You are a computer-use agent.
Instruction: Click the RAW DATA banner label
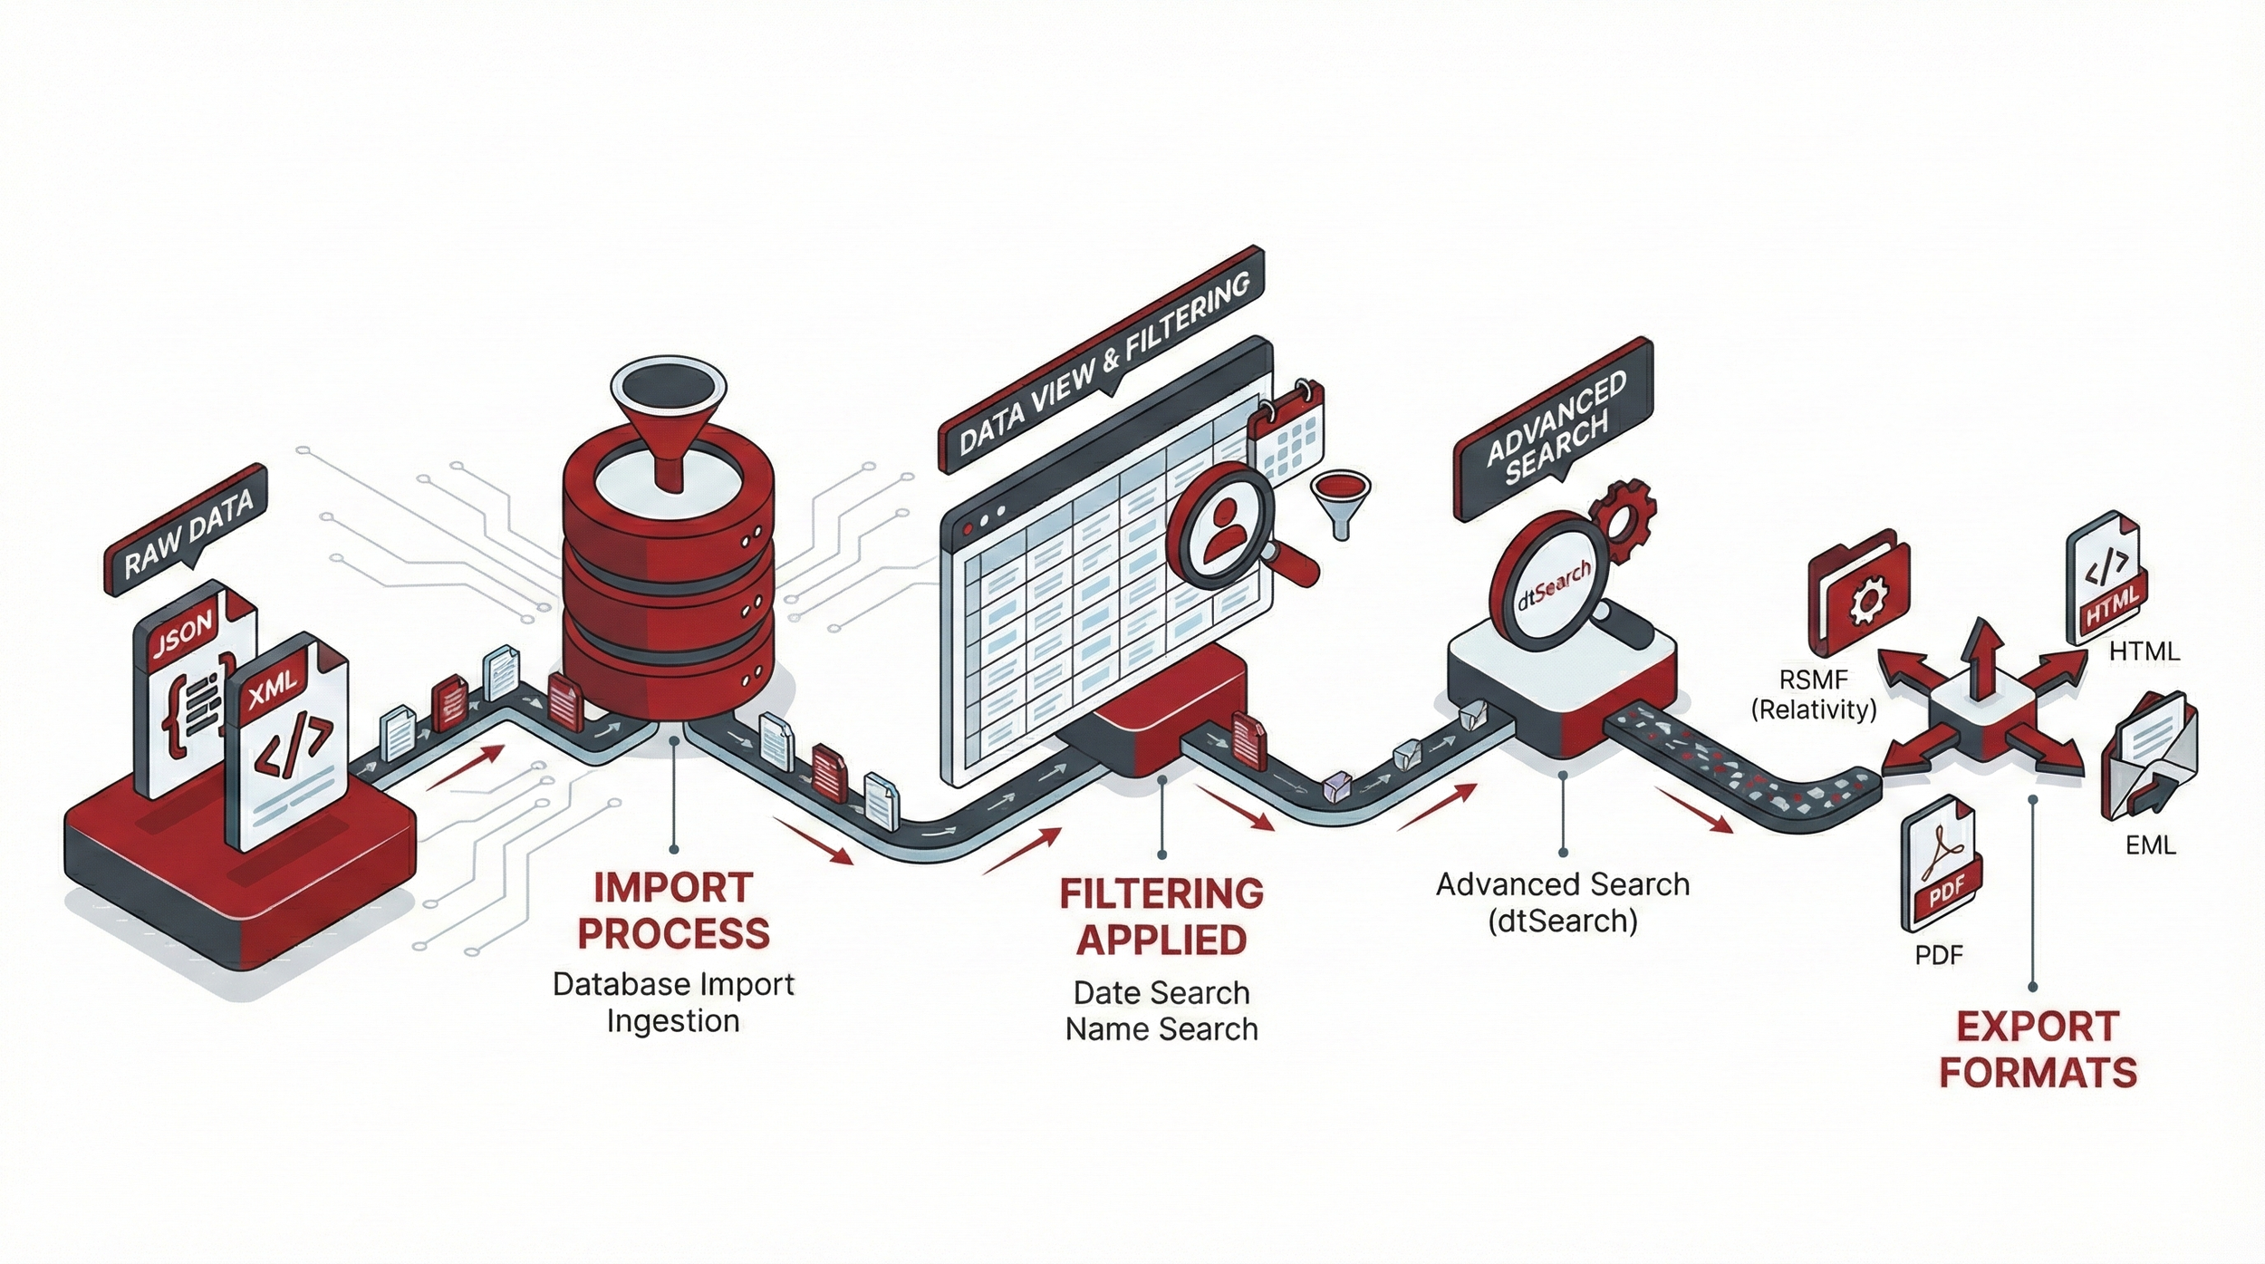coord(188,536)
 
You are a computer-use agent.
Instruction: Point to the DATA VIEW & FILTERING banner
coord(1101,366)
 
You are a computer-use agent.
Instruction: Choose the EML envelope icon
coord(2147,757)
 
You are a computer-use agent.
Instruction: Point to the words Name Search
coord(1161,1029)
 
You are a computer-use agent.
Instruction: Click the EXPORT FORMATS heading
coord(2038,1049)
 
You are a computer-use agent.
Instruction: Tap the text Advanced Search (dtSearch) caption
coord(1563,902)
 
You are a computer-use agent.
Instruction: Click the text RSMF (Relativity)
coord(1814,694)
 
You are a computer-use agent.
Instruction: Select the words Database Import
coord(673,984)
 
